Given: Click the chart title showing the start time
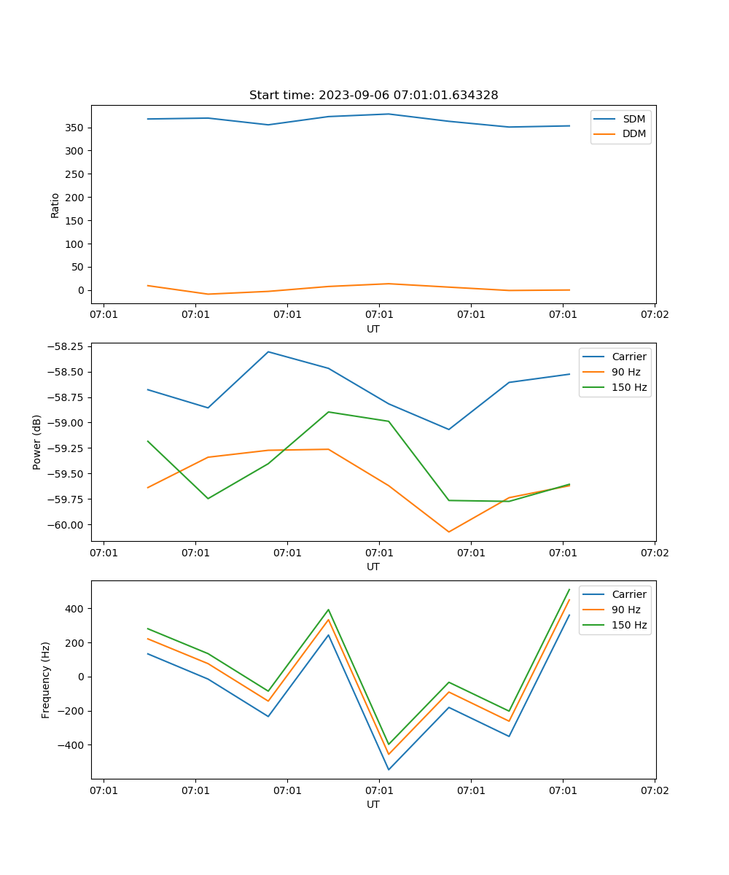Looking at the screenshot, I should click(x=373, y=96).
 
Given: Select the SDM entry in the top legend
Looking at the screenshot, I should click(x=634, y=119).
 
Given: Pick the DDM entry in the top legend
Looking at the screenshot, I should click(x=634, y=133).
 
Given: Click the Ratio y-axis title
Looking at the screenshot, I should click(x=55, y=205).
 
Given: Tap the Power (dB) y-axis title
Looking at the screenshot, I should click(x=37, y=442).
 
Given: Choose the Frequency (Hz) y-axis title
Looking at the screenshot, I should click(x=46, y=680).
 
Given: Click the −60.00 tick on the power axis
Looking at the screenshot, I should click(x=67, y=524).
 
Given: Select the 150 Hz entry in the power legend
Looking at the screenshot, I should click(x=629, y=387).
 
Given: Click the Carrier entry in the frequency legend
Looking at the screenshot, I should click(x=628, y=594).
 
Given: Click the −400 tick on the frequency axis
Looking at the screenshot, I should click(x=71, y=745).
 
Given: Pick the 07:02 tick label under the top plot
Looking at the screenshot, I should click(x=654, y=315).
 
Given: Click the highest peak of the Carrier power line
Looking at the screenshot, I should click(x=268, y=351).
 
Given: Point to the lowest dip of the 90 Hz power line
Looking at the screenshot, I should click(x=448, y=532).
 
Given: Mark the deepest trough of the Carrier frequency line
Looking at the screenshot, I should click(x=389, y=769).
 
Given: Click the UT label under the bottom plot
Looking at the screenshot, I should click(x=373, y=804).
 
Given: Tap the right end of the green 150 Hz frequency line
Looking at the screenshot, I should click(x=569, y=589).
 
